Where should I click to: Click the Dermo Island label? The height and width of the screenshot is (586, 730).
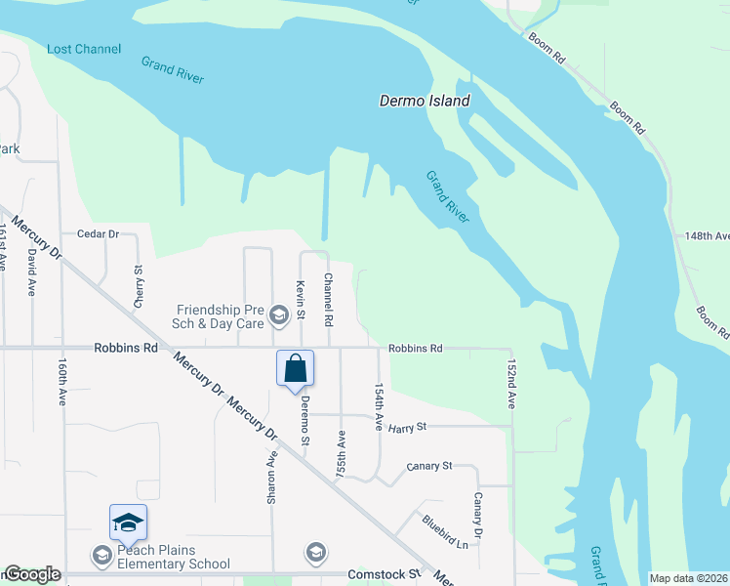point(425,101)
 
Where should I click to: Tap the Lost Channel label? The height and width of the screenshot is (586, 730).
point(84,49)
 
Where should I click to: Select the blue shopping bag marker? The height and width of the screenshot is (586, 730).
point(295,369)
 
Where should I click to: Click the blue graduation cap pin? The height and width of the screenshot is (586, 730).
point(128,523)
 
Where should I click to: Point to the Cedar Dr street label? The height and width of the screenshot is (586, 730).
point(98,234)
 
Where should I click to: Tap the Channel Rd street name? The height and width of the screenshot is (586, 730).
point(329,299)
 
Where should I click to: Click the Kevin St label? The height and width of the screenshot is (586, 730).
point(301,299)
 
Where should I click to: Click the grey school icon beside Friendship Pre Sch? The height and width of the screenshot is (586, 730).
point(279,314)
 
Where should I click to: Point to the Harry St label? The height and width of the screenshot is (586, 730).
point(408,427)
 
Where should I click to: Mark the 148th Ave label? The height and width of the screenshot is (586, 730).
point(707,236)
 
